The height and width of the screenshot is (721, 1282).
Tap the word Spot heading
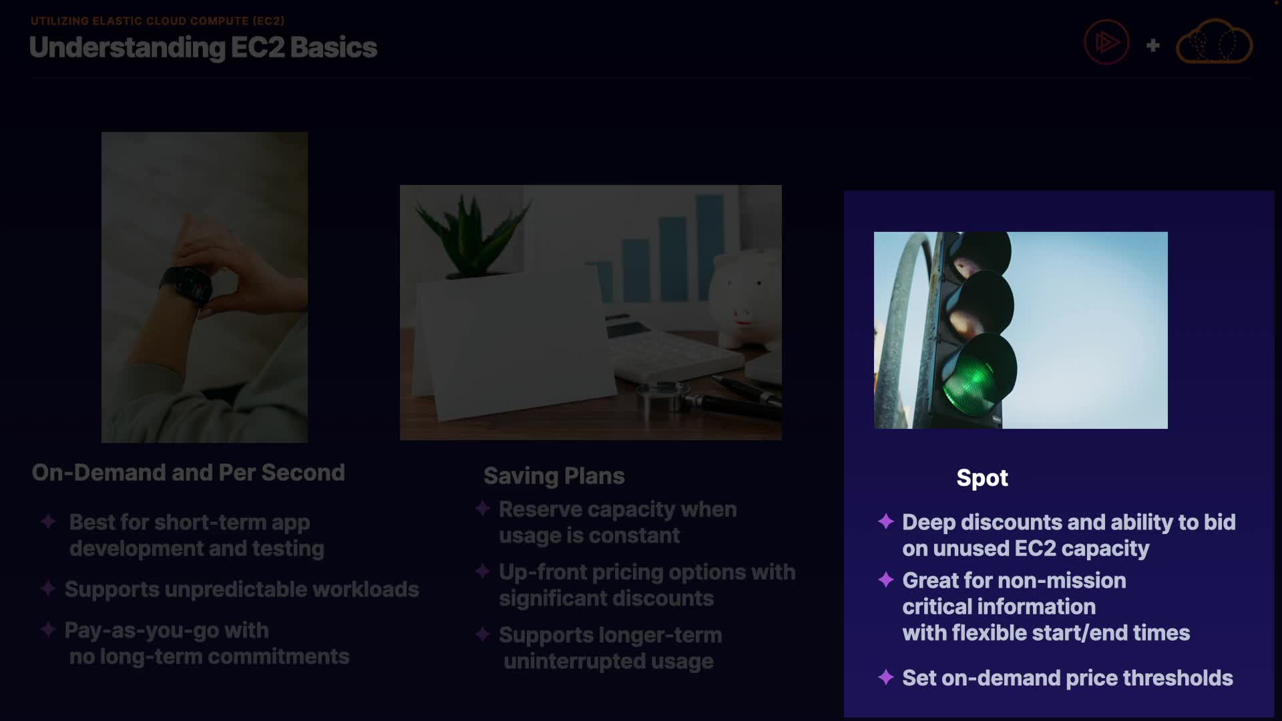pyautogui.click(x=982, y=479)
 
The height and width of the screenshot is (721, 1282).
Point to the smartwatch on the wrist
pyautogui.click(x=186, y=285)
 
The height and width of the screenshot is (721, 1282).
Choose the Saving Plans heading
pyautogui.click(x=554, y=476)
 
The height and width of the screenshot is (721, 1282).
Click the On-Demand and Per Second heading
pyautogui.click(x=188, y=473)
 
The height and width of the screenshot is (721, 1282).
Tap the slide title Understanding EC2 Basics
pyautogui.click(x=203, y=47)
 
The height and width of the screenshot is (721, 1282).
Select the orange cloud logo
pyautogui.click(x=1214, y=41)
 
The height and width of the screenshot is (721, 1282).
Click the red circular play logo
pyautogui.click(x=1106, y=42)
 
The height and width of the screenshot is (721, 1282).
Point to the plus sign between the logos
pyautogui.click(x=1152, y=45)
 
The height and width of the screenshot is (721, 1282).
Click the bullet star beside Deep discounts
pyautogui.click(x=886, y=521)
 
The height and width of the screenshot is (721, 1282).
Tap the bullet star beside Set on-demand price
pyautogui.click(x=886, y=677)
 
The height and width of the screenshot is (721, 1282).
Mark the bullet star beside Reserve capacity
pyautogui.click(x=483, y=509)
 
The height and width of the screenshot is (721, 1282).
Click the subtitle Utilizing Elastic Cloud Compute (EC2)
pyautogui.click(x=158, y=21)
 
